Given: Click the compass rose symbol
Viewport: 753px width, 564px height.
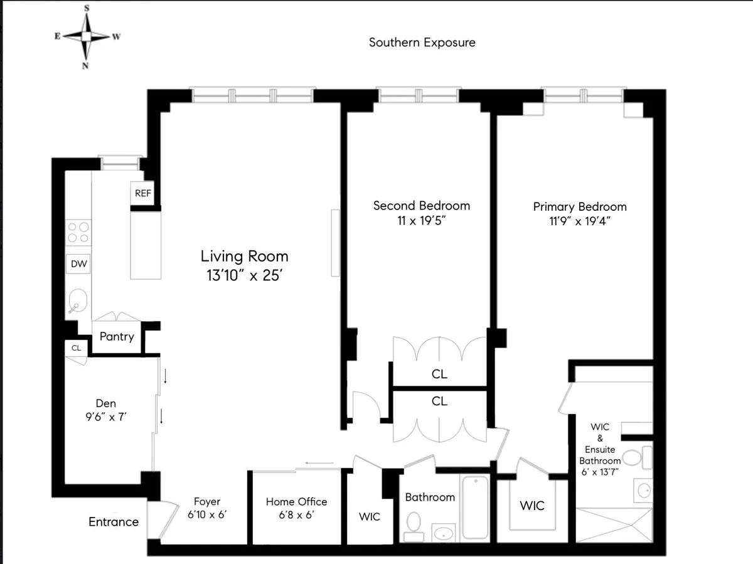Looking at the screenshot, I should [86, 36].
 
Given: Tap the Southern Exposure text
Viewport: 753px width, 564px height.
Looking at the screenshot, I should [422, 43].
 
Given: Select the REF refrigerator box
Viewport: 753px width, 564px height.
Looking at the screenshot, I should [143, 193].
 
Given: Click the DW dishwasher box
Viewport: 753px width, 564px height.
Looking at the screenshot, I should [79, 265].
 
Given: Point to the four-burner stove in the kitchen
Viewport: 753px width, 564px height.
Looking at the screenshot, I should [78, 232].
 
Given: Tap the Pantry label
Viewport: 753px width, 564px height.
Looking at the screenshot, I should [117, 337].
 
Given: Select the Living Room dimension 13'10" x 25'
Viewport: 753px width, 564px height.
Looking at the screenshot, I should [244, 275].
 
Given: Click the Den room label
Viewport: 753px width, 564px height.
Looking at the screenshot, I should [105, 403].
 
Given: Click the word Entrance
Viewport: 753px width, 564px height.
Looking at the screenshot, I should [114, 522].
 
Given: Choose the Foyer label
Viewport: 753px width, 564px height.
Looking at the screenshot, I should [206, 502].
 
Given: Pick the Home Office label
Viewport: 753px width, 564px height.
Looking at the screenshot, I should [296, 502].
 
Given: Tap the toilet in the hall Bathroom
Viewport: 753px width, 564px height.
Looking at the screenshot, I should [414, 523].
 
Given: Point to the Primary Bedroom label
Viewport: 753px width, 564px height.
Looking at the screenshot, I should [580, 206].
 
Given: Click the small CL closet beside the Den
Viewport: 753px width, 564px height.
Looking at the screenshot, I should [76, 348].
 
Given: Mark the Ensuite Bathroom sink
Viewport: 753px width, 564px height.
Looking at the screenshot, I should [643, 491].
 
